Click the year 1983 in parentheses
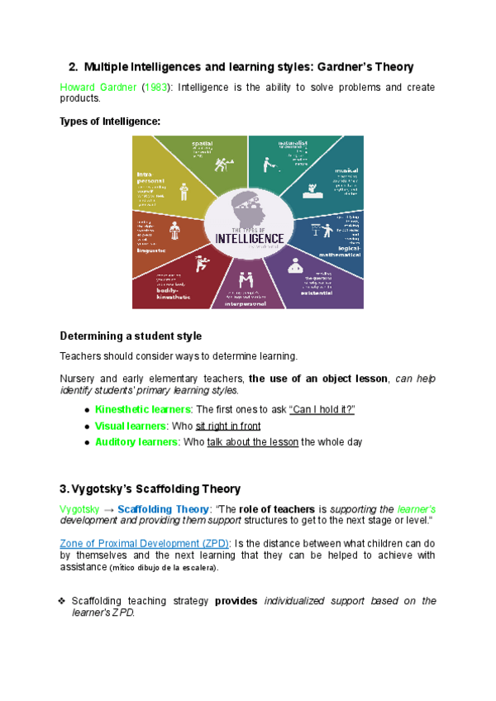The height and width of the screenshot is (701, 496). [x=158, y=87]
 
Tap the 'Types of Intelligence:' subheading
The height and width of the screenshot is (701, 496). [x=110, y=121]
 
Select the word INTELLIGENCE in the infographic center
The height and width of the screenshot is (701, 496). [x=249, y=238]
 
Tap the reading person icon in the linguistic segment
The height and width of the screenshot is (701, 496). [x=174, y=230]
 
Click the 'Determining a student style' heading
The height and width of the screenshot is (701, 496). [x=131, y=336]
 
